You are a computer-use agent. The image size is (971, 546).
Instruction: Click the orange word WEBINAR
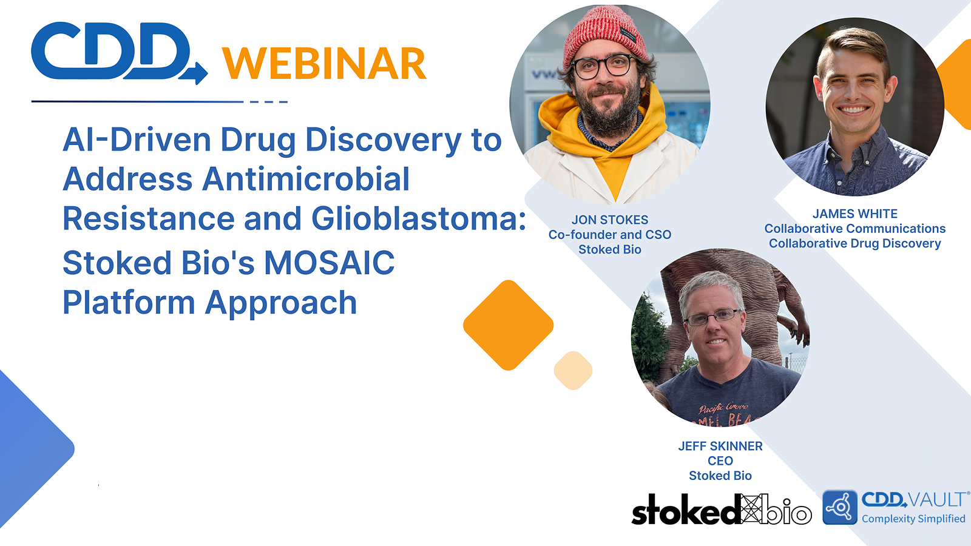(324, 64)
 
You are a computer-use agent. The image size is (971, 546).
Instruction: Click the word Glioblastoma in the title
(419, 218)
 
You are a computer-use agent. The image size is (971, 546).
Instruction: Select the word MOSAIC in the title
(330, 263)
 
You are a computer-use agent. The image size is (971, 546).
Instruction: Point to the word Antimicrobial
(306, 180)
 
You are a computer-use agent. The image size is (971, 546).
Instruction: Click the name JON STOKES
(610, 220)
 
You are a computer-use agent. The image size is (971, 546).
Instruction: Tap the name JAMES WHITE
(854, 214)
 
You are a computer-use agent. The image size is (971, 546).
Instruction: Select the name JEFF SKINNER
(720, 446)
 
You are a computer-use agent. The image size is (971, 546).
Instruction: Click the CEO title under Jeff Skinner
(720, 461)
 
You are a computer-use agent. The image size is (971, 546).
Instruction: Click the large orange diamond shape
(509, 325)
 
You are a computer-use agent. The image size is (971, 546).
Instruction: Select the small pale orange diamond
(573, 370)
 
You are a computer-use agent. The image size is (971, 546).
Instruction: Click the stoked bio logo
(721, 510)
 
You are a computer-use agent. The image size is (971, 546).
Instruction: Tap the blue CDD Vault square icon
(840, 507)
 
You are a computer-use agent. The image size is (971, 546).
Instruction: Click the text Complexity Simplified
(913, 519)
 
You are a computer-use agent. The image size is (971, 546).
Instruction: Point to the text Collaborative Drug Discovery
(854, 243)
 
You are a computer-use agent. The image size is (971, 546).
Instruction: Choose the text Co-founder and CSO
(610, 235)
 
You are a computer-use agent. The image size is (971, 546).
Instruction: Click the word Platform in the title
(129, 302)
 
